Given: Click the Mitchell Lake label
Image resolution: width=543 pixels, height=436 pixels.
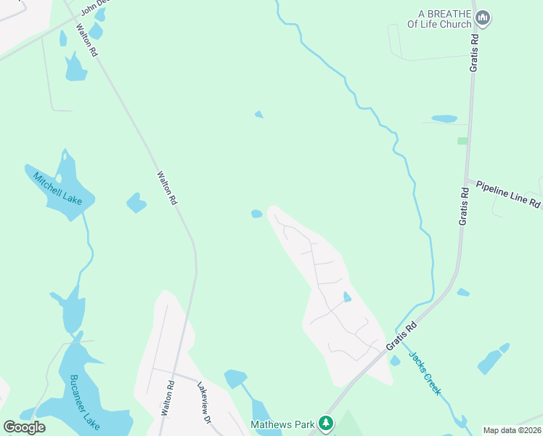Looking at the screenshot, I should coord(63,188).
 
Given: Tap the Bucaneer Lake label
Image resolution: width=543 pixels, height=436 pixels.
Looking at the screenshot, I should coord(84,403).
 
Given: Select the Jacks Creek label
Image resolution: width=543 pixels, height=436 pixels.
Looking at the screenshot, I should coord(425,374).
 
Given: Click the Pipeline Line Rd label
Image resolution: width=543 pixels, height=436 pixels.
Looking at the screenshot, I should coord(508,193).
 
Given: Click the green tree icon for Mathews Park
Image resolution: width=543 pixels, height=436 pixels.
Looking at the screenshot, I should coord(327,422).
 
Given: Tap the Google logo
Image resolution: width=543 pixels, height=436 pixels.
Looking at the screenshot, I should coord(24,427).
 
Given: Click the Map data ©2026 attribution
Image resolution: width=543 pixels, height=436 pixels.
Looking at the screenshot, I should coord(512,430).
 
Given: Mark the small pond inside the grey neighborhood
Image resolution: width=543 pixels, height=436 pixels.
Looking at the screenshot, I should coord(347,296).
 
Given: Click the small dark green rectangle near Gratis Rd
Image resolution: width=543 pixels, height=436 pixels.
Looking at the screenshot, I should coord(462,140).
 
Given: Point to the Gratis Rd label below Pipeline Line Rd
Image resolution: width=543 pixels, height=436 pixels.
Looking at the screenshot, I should coord(462,206).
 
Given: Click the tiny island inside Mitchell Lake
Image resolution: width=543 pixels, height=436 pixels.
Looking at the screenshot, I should coord(59,178).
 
